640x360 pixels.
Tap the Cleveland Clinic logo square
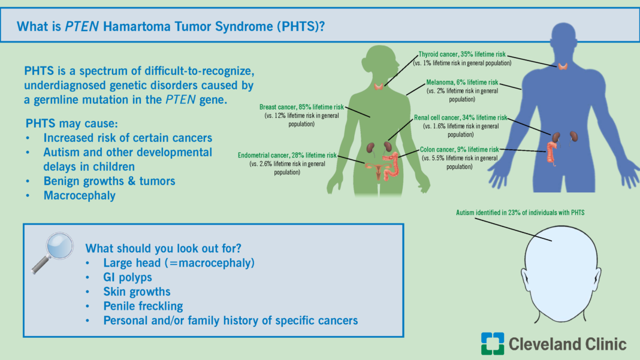pos(492,343)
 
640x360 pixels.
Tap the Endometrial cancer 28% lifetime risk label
pos(287,155)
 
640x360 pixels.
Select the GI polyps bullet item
pos(127,277)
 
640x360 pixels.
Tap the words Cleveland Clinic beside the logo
pos(567,344)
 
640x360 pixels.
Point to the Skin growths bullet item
pos(137,292)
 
